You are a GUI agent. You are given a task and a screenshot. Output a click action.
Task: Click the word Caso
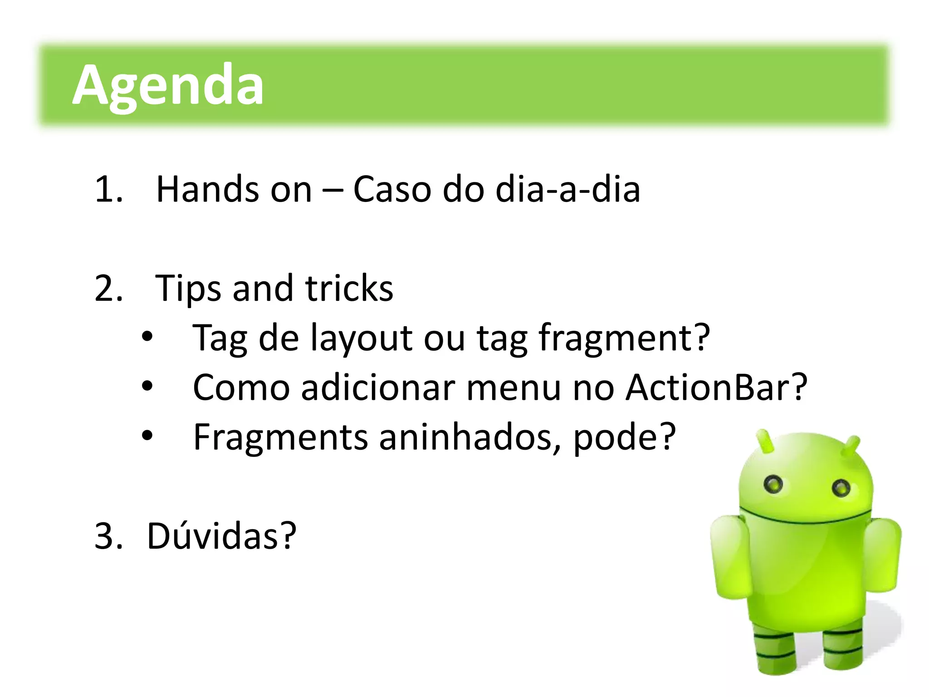(391, 189)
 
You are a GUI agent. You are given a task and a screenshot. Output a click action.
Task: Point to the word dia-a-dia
(567, 189)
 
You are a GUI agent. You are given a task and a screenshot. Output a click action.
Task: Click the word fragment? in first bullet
(624, 339)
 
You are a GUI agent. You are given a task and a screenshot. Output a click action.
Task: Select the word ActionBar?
(717, 388)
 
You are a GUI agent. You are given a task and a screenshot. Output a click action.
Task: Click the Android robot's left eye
(773, 484)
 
